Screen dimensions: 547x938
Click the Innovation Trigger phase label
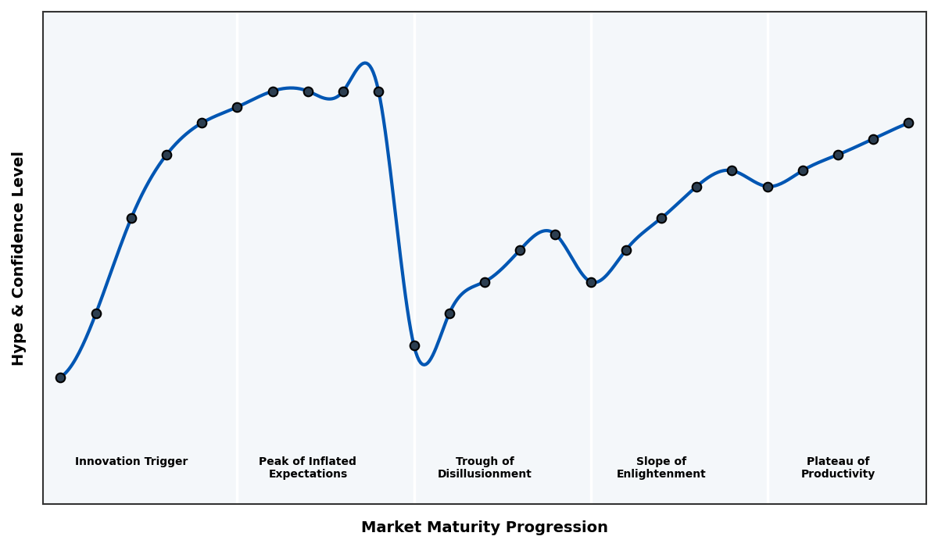[131, 462]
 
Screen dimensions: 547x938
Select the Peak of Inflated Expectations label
[307, 467]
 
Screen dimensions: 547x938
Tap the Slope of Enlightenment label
[661, 467]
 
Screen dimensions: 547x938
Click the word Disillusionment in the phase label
[484, 474]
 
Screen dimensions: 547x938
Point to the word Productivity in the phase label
[837, 474]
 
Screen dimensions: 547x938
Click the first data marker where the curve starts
[60, 377]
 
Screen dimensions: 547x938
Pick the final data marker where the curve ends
[908, 123]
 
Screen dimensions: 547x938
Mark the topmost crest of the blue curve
[364, 63]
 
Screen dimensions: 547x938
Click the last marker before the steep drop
[378, 91]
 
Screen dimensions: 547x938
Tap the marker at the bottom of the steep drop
[414, 345]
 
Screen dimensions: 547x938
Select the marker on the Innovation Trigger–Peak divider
[237, 107]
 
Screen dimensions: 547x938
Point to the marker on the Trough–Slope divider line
[591, 282]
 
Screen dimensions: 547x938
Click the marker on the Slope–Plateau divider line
[768, 187]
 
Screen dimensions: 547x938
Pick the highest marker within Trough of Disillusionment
[555, 234]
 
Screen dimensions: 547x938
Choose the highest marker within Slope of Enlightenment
[732, 170]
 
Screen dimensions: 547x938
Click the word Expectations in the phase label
[307, 474]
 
